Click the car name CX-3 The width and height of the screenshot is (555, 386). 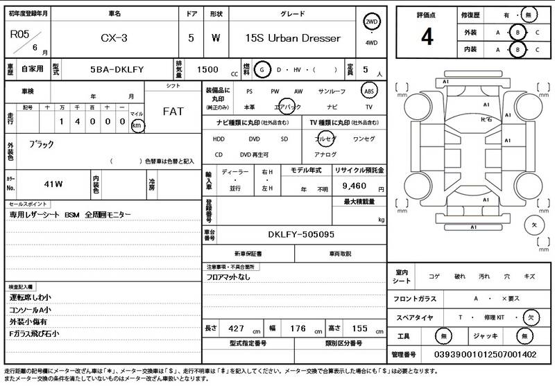click(x=114, y=38)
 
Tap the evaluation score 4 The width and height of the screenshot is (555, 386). click(x=427, y=37)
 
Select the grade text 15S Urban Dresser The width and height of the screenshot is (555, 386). click(x=293, y=38)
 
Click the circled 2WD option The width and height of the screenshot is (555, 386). click(x=372, y=22)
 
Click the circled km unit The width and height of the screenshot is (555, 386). click(x=137, y=125)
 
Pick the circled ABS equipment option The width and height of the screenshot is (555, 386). click(x=371, y=91)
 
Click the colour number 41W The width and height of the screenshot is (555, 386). click(x=53, y=184)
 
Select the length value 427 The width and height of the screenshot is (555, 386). click(x=237, y=328)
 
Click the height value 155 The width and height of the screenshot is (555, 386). click(x=359, y=328)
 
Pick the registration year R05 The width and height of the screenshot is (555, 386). click(x=19, y=33)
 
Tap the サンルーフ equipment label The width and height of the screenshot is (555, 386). click(x=332, y=91)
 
